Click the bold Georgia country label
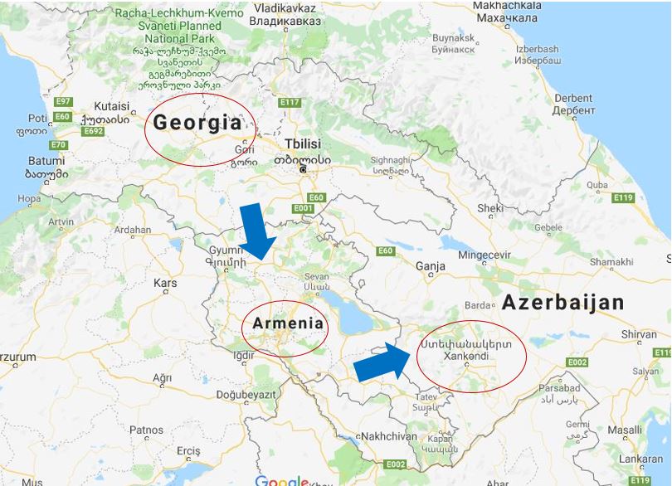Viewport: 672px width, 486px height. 197,123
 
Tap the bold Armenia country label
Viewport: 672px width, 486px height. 287,323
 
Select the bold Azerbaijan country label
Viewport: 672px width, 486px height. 562,303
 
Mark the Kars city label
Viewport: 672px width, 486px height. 165,283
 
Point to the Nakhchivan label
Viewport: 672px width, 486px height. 388,436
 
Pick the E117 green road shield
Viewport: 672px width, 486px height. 290,103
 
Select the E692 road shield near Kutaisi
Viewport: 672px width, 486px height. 93,131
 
